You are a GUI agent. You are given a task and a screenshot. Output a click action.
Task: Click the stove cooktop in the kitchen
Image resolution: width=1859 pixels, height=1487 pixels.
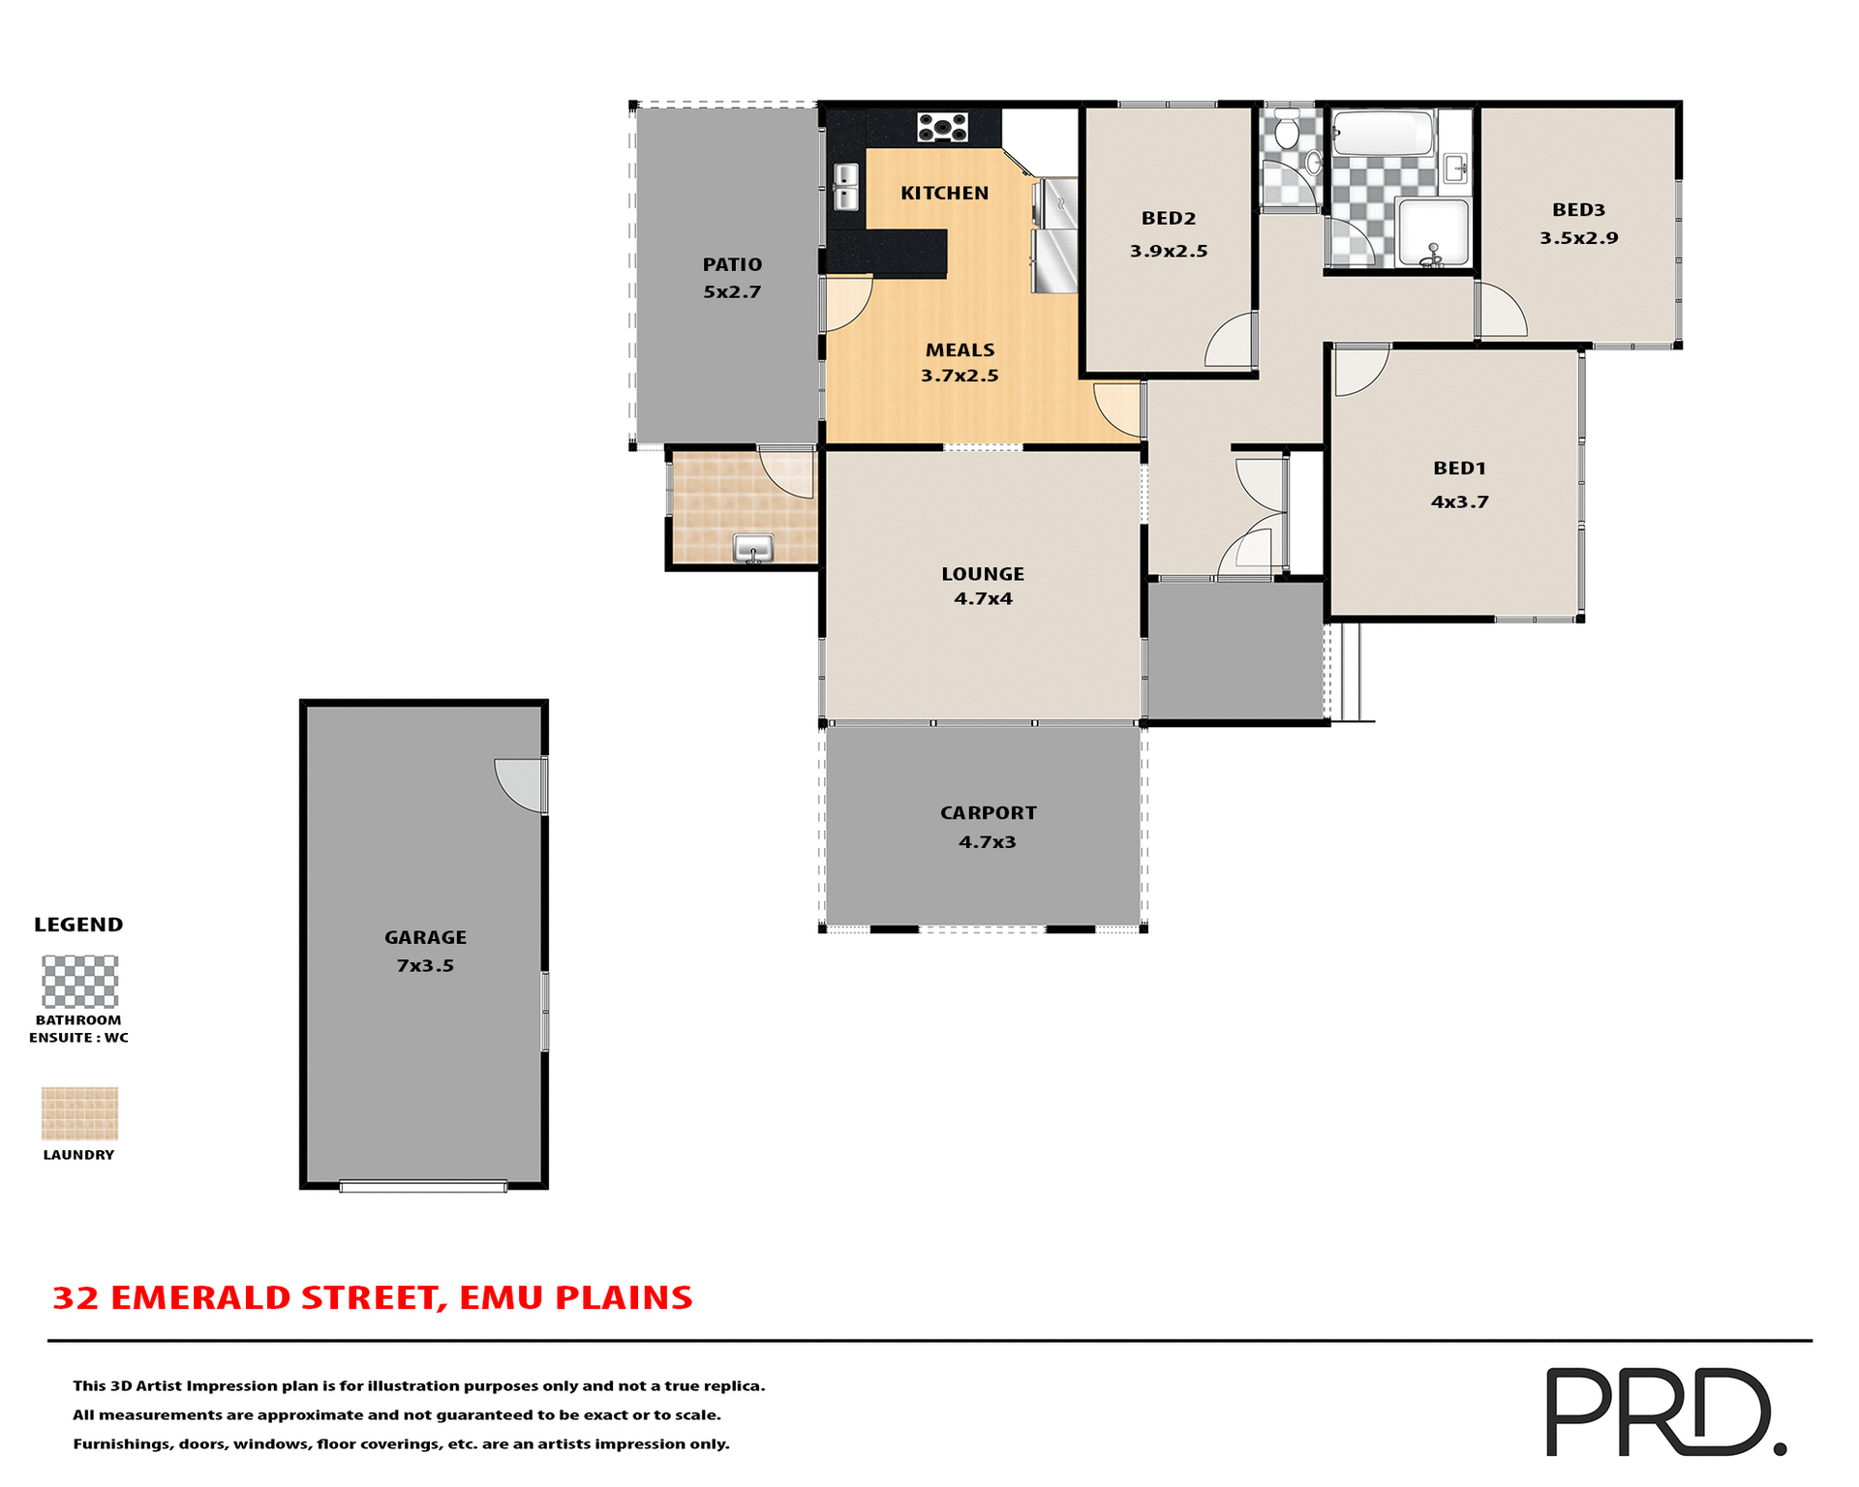942,127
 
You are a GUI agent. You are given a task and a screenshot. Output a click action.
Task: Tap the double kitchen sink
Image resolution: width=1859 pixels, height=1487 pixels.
845,187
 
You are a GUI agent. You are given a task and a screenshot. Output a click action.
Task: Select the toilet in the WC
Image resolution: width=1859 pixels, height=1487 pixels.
1287,130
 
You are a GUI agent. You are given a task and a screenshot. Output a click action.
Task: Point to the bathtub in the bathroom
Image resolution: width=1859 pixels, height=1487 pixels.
1382,134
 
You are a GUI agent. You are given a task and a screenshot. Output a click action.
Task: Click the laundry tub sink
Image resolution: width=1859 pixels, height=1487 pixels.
752,548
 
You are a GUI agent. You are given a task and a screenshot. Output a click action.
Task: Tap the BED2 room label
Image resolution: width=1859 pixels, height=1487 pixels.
1169,219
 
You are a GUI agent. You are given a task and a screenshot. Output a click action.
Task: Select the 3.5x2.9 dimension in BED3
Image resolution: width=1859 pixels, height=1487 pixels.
1578,238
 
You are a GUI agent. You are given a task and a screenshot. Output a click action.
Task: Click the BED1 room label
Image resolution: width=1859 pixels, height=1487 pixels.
1459,469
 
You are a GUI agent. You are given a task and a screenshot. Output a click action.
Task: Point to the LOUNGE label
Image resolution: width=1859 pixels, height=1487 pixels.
983,574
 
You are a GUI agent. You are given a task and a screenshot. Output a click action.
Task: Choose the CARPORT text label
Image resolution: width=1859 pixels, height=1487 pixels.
988,813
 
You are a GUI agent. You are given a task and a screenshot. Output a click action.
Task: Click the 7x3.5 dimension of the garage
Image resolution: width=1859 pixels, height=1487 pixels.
425,965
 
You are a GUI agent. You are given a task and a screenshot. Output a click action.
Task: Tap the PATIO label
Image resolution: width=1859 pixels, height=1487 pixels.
732,264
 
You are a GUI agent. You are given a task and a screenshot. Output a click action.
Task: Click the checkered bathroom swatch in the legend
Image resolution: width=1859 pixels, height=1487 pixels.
79,982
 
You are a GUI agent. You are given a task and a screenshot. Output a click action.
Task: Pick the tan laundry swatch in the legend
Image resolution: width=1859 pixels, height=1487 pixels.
79,1113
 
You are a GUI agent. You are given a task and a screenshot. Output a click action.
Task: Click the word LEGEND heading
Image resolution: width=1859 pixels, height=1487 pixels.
78,925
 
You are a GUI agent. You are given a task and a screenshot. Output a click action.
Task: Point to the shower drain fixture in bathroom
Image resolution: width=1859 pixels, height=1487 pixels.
1433,256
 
